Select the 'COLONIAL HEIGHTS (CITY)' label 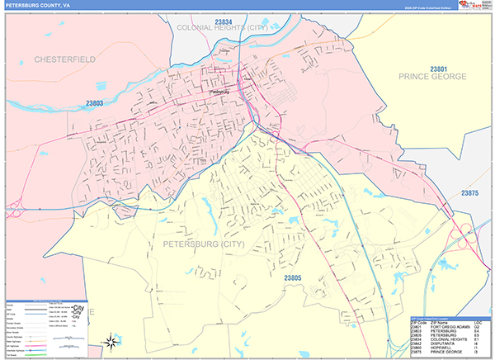point(222,27)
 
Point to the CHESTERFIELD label point(65,59)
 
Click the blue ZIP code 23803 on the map point(95,103)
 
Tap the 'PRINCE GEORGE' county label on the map point(432,77)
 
